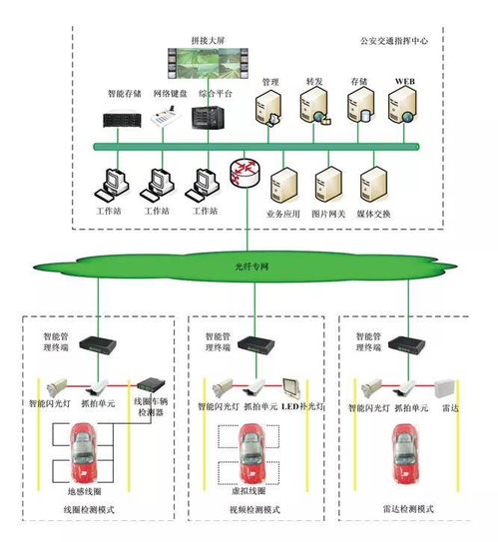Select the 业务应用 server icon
[284, 184]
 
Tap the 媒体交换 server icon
[375, 184]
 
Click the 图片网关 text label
[330, 215]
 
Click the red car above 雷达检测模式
[406, 450]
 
